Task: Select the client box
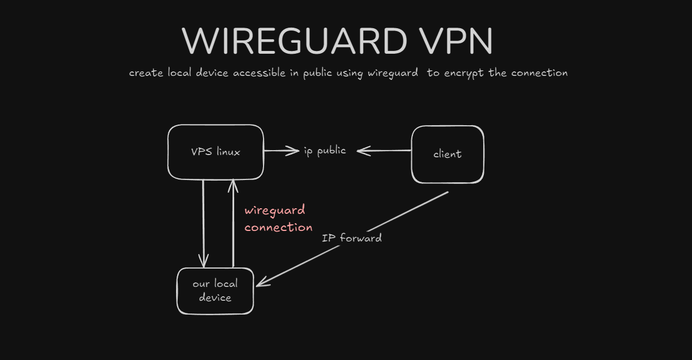[447, 154]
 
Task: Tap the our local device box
[215, 291]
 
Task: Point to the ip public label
[325, 151]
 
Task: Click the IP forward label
[352, 238]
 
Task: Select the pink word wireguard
[275, 210]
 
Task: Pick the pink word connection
[278, 228]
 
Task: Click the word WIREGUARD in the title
[294, 42]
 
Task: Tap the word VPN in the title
[450, 42]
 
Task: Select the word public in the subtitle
[317, 73]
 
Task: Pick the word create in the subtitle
[146, 73]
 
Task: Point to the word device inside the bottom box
[215, 298]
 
